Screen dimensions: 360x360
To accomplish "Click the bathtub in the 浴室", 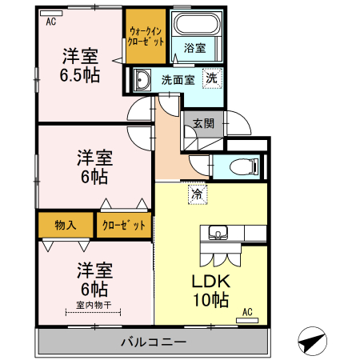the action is click(x=198, y=24).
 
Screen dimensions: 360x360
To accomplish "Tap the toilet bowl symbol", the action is click(x=244, y=167).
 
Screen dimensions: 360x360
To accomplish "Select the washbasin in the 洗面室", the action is click(x=142, y=79).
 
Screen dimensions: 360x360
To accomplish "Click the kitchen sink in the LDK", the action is click(x=218, y=232).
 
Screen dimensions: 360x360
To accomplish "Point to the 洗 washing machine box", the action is click(x=212, y=78).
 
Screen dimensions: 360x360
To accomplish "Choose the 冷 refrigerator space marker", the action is click(x=198, y=194).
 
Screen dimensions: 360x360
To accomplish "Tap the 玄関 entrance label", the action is click(x=203, y=124).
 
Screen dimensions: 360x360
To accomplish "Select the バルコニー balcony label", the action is click(x=154, y=342).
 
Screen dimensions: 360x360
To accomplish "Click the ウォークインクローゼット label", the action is click(x=146, y=37).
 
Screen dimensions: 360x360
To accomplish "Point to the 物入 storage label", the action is click(x=66, y=225).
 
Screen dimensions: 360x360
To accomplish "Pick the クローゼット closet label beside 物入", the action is click(x=124, y=226).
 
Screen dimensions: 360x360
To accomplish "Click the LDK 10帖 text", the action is click(x=211, y=290).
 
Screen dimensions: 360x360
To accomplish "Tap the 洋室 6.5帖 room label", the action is click(x=80, y=66).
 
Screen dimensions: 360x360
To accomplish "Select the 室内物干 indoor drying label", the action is click(x=94, y=305).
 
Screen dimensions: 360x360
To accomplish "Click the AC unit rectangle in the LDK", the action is click(x=247, y=320).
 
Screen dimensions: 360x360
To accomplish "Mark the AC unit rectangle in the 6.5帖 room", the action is click(x=51, y=13).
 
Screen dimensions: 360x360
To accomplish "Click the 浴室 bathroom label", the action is click(x=194, y=48).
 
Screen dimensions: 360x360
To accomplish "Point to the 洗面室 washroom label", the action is click(x=178, y=80).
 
